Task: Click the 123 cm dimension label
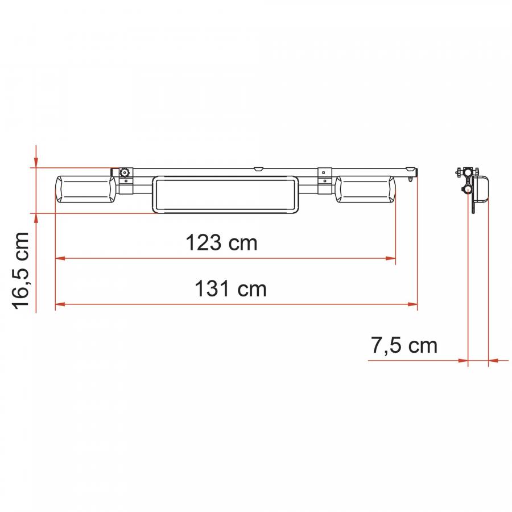pos(222,242)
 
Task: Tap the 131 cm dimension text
pos(231,288)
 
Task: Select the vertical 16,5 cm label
pos(21,271)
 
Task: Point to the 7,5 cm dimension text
pos(404,345)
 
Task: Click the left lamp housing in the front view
pos(85,189)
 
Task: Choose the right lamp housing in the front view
pos(366,189)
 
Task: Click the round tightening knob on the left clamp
pos(125,172)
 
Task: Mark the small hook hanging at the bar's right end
pos(410,179)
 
